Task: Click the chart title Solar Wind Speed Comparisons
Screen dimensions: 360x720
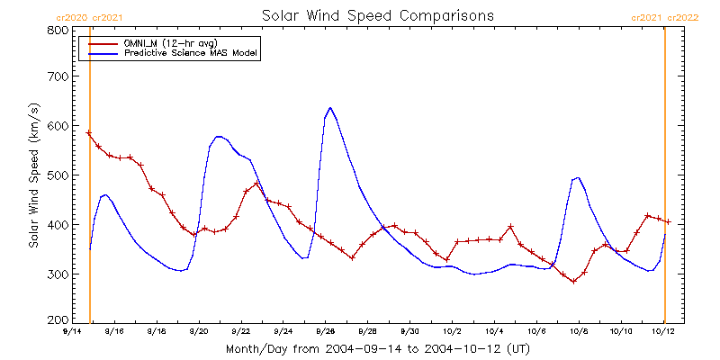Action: coord(378,15)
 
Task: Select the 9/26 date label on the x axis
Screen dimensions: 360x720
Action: coord(325,331)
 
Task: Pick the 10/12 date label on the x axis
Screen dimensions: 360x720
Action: coord(664,331)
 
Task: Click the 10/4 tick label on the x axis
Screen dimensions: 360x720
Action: coord(495,331)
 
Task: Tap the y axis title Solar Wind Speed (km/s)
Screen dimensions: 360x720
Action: coord(33,175)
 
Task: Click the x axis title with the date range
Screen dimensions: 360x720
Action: coord(378,348)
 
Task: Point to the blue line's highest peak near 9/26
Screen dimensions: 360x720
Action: coord(330,108)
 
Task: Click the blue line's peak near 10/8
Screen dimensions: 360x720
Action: coord(577,177)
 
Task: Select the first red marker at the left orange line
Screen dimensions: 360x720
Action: coord(88,133)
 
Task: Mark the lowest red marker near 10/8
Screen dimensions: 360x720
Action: coord(573,282)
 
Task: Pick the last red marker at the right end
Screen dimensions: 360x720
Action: coord(669,222)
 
